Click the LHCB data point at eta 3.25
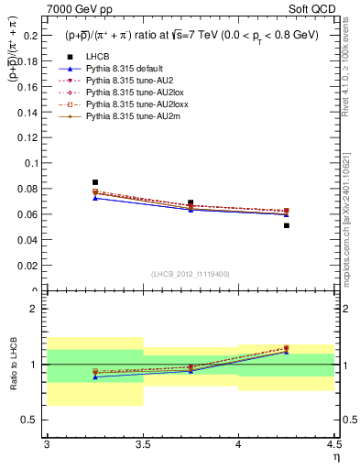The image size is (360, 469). point(95,182)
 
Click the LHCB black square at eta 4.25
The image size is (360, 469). point(287,225)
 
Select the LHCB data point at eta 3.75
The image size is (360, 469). point(191,202)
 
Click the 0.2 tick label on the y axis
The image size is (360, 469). point(32,35)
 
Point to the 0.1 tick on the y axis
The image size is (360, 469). point(32,163)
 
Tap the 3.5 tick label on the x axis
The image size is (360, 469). point(143,443)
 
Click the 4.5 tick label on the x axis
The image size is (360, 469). point(333,443)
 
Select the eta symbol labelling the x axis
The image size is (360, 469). point(335,457)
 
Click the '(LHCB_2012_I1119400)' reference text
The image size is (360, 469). point(191,274)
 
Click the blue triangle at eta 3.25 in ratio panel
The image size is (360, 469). point(95,377)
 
